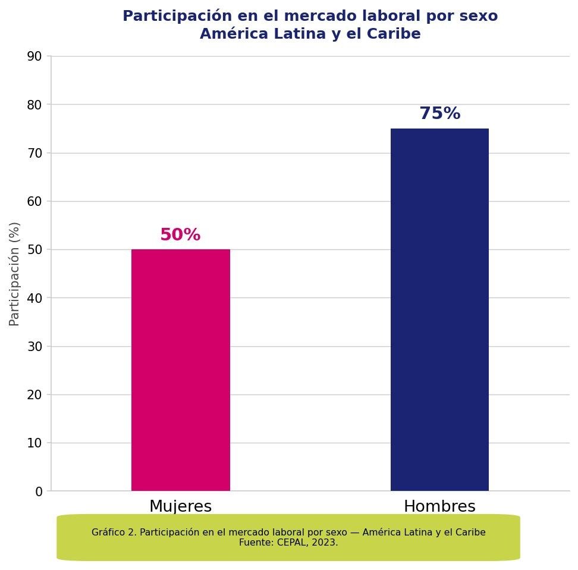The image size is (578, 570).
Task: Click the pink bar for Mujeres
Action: pyautogui.click(x=180, y=369)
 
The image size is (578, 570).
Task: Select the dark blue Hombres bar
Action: pyautogui.click(x=439, y=309)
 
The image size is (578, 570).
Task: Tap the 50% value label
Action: pyautogui.click(x=180, y=235)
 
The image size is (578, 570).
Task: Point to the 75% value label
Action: pyautogui.click(x=439, y=114)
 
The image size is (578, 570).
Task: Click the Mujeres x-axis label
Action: pyautogui.click(x=180, y=506)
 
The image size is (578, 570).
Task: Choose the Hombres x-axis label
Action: pyautogui.click(x=439, y=506)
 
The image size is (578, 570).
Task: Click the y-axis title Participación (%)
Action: pyautogui.click(x=15, y=274)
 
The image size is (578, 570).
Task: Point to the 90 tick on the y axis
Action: pyautogui.click(x=34, y=57)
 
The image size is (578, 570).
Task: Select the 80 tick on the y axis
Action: pyautogui.click(x=34, y=105)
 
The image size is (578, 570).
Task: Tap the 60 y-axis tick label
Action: pyautogui.click(x=34, y=202)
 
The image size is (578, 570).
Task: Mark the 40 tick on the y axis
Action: pyautogui.click(x=34, y=298)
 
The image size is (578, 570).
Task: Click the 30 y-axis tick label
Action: pyautogui.click(x=34, y=347)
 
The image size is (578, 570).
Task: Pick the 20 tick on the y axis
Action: pyautogui.click(x=34, y=395)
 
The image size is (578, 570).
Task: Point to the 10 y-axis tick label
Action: pyautogui.click(x=34, y=443)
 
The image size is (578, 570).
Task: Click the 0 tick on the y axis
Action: pyautogui.click(x=39, y=492)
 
